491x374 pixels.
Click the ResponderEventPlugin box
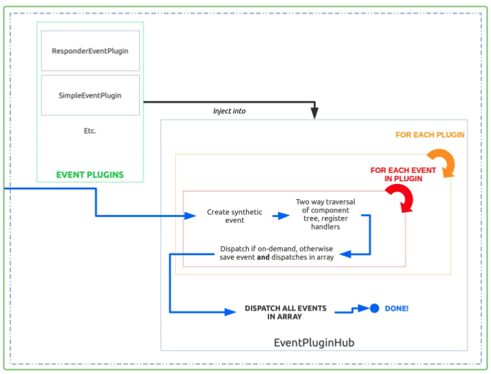click(x=90, y=50)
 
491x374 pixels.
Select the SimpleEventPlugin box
click(x=90, y=95)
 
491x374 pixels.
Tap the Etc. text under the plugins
click(x=89, y=131)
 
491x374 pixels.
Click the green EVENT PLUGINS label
click(x=90, y=175)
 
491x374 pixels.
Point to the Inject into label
click(x=229, y=111)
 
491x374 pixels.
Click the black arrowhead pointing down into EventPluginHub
click(x=314, y=113)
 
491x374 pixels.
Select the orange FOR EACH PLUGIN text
click(x=429, y=135)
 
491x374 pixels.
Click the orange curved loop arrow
click(x=441, y=163)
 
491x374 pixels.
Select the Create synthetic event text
click(x=234, y=216)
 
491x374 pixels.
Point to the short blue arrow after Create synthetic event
click(x=281, y=216)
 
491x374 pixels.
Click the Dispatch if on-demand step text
click(x=277, y=253)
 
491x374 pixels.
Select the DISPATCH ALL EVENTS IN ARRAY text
click(x=286, y=312)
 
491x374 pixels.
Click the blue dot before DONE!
click(x=374, y=308)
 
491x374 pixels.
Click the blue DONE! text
click(x=397, y=308)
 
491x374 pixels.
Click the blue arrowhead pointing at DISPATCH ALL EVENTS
click(x=231, y=312)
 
